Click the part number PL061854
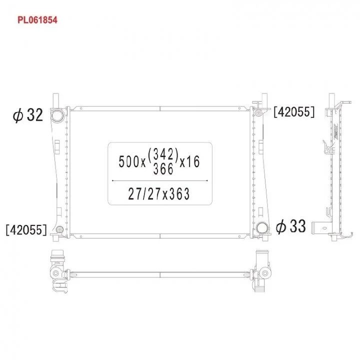click(x=37, y=20)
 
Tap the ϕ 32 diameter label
click(x=28, y=115)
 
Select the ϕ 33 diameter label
click(x=291, y=226)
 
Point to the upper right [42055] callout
click(x=294, y=112)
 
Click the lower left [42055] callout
click(x=26, y=229)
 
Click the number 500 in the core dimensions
click(x=129, y=161)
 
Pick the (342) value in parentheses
click(x=163, y=154)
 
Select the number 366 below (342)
click(x=163, y=169)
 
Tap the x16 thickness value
click(x=189, y=161)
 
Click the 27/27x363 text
click(x=159, y=194)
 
